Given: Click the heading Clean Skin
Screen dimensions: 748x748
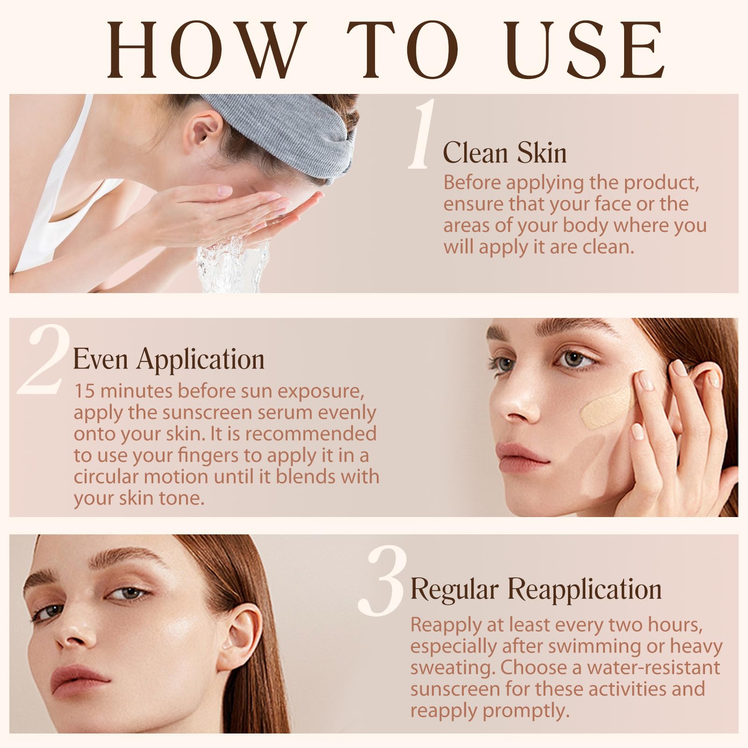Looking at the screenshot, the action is coord(505,152).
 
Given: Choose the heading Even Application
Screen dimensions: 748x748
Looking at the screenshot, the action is coord(169,360).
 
